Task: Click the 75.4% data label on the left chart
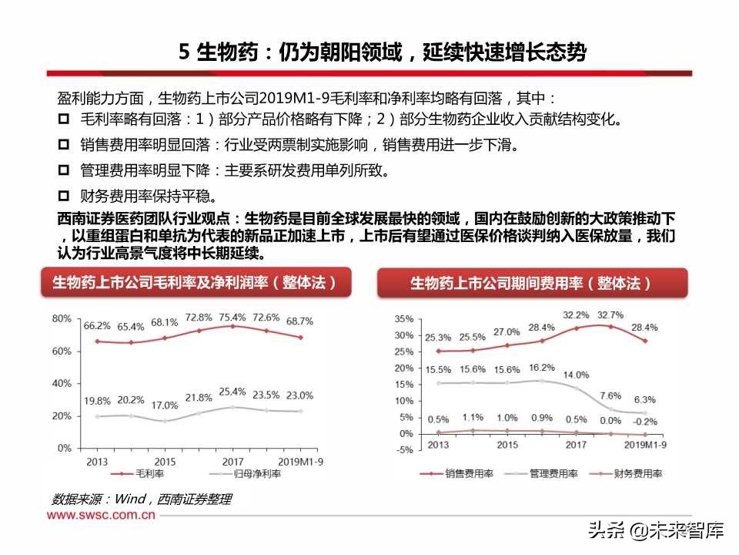click(232, 317)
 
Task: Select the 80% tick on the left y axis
click(62, 318)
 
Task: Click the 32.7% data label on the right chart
click(610, 314)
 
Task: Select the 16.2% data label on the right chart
click(541, 368)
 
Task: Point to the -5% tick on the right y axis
click(404, 451)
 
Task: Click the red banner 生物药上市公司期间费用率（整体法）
click(531, 284)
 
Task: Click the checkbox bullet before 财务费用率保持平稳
click(64, 195)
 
